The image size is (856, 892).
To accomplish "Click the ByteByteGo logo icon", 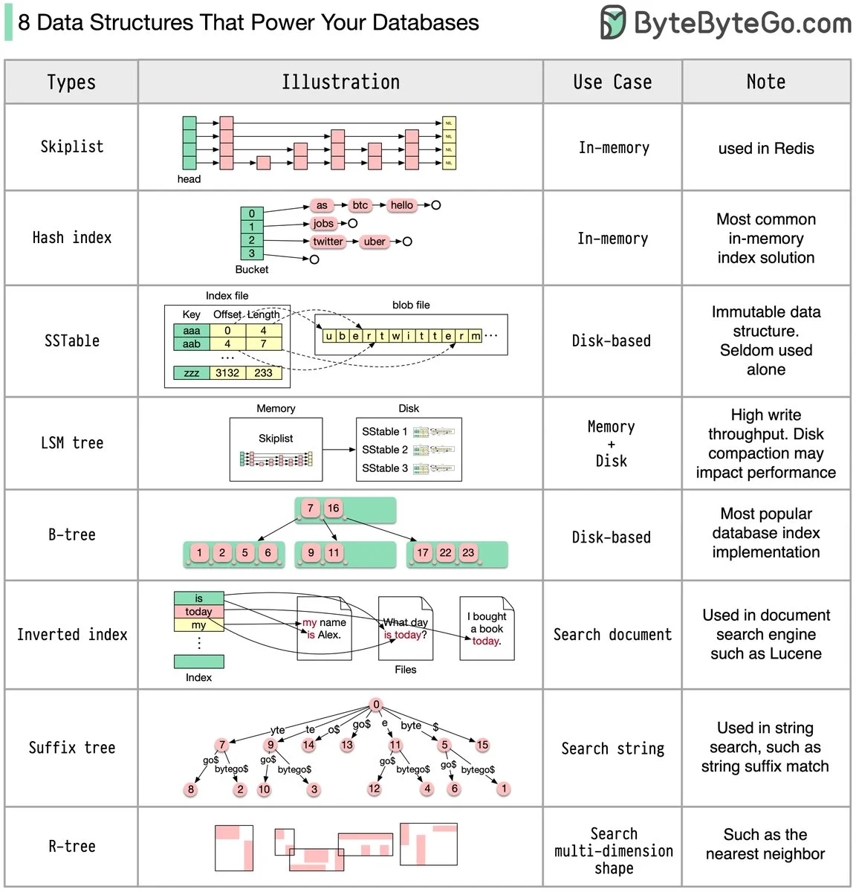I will [613, 22].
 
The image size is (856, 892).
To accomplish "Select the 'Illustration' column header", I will [340, 82].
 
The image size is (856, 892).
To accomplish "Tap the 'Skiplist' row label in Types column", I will [71, 146].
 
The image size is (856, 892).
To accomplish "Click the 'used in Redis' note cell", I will [765, 148].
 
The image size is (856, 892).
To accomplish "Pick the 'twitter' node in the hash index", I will [328, 242].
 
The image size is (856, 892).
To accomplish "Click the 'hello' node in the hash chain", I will [401, 205].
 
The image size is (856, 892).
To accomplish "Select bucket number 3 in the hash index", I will [251, 253].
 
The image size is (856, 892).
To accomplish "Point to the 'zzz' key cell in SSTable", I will [192, 373].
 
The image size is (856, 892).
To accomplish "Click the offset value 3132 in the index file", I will [227, 373].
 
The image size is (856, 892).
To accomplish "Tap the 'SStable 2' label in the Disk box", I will [384, 450].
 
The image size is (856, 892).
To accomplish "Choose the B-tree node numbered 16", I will [333, 508].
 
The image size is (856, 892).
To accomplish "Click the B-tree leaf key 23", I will [467, 553].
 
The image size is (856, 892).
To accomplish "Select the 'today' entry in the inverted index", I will [198, 612].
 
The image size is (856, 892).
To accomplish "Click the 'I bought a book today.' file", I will [487, 629].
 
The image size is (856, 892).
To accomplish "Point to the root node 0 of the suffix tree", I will [376, 705].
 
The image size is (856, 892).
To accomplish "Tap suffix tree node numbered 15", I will [482, 745].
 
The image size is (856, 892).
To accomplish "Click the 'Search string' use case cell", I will [612, 749].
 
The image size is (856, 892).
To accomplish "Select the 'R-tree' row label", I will [71, 847].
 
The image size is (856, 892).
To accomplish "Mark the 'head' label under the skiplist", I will [189, 179].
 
